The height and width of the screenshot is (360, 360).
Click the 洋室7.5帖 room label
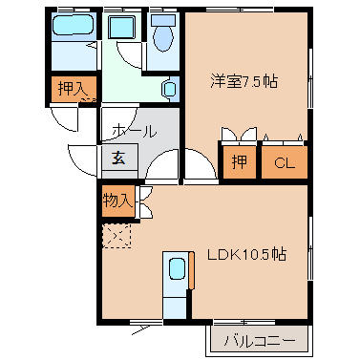[244, 82]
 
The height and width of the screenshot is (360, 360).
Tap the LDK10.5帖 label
[246, 255]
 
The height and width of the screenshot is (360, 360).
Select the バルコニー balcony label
[260, 341]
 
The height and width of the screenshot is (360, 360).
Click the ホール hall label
[135, 131]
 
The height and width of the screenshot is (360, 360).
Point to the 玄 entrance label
[118, 159]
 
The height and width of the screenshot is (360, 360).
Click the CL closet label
[285, 163]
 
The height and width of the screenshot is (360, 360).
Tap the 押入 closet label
[73, 88]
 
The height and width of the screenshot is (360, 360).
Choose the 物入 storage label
[117, 201]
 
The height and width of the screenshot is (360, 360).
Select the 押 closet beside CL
[240, 161]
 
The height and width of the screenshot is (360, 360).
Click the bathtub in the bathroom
[74, 25]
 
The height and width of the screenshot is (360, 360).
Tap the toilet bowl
[163, 37]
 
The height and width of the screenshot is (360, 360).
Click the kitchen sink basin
[177, 269]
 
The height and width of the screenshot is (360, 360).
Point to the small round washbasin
[170, 89]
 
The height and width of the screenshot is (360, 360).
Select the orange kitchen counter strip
[191, 270]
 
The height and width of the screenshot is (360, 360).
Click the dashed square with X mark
[116, 236]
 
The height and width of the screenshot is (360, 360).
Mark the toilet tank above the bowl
[163, 21]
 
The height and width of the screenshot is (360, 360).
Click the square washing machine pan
[121, 28]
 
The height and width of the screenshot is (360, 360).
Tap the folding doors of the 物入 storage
[144, 202]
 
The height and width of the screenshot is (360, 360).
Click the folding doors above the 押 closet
[239, 134]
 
